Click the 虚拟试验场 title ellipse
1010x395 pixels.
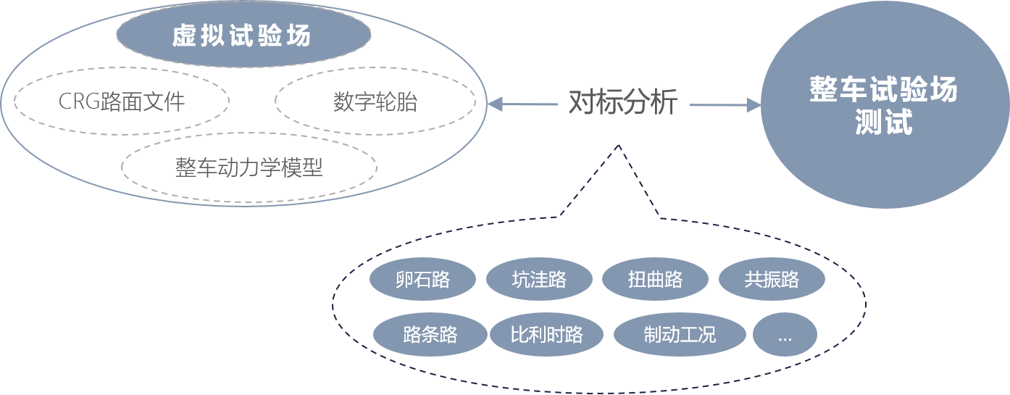[x=243, y=35]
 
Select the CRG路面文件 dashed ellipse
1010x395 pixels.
[x=121, y=101]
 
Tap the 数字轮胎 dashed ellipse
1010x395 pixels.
[x=375, y=101]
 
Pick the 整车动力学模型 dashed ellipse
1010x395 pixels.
[x=249, y=167]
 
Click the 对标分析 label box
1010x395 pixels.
[x=622, y=102]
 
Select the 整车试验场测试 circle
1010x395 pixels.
[x=883, y=105]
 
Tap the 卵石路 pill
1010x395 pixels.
[x=422, y=279]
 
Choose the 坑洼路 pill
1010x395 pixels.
[x=538, y=279]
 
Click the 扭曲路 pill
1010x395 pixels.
[x=655, y=279]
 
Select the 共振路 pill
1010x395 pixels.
[x=771, y=279]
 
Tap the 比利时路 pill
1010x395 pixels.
[x=546, y=334]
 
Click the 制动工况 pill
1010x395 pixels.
[x=679, y=334]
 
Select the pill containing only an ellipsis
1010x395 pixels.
[x=785, y=334]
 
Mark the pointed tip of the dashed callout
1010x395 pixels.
[x=618, y=145]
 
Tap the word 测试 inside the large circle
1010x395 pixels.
[x=883, y=122]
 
